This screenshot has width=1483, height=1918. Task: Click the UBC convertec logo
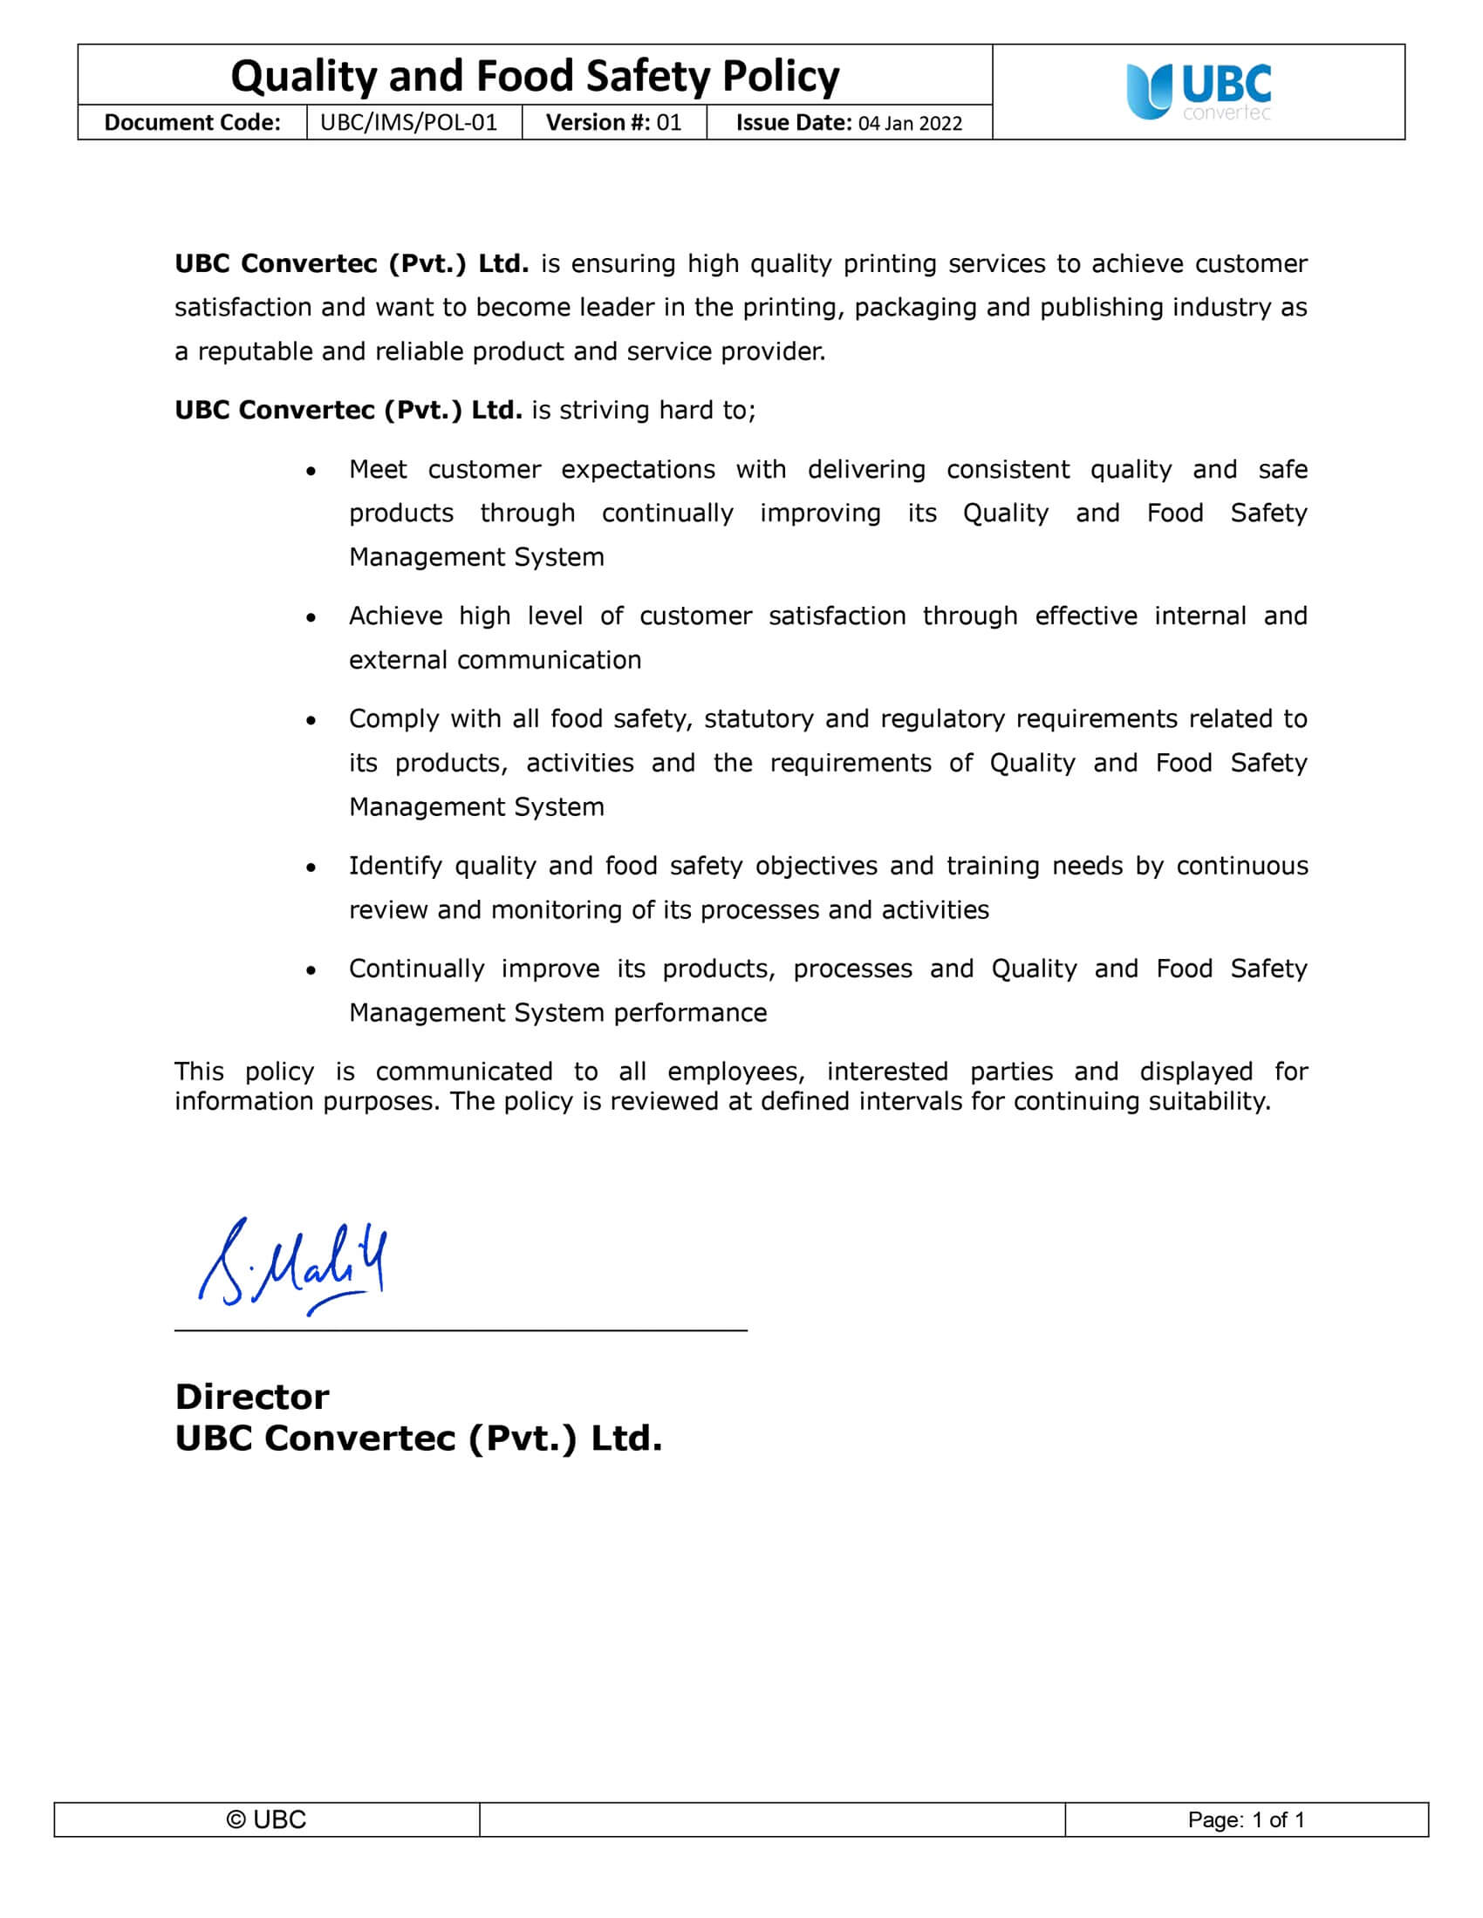(x=1199, y=92)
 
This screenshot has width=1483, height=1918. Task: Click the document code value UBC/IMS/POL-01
(x=408, y=122)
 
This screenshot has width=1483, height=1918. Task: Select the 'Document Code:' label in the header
(x=193, y=122)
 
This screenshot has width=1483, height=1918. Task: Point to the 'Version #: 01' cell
(x=613, y=122)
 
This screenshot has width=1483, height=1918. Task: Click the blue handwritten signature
(x=293, y=1266)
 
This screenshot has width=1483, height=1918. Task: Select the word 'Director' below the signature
(x=252, y=1397)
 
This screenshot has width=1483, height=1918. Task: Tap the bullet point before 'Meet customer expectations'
(x=311, y=472)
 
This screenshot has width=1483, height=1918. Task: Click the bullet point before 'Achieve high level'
(x=311, y=618)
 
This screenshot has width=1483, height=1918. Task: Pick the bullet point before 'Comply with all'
(x=311, y=721)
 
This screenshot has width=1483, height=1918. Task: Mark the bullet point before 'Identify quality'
(x=311, y=867)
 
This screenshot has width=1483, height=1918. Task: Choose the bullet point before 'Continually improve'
(x=311, y=970)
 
